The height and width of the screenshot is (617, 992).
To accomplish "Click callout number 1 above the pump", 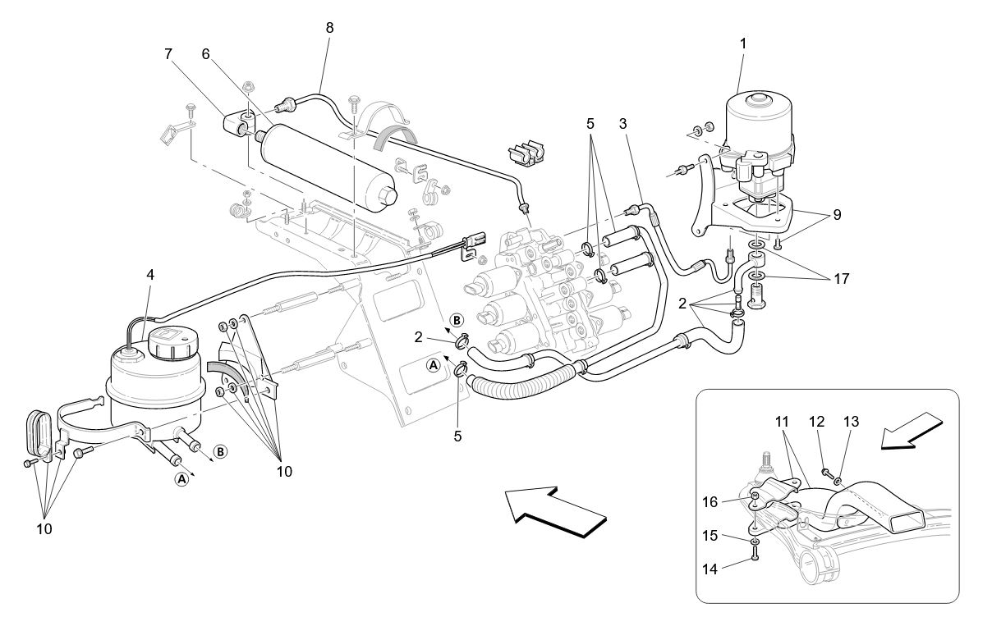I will pyautogui.click(x=743, y=43).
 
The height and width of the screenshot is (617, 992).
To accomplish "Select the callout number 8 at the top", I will pyautogui.click(x=329, y=27).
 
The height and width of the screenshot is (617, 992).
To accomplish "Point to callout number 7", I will pyautogui.click(x=168, y=55).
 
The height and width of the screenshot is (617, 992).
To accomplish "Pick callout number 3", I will pyautogui.click(x=624, y=123).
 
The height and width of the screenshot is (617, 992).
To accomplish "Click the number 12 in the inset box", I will pyautogui.click(x=816, y=421).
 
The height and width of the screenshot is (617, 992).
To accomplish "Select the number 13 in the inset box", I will pyautogui.click(x=852, y=421).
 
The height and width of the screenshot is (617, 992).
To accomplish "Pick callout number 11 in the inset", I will pyautogui.click(x=783, y=422).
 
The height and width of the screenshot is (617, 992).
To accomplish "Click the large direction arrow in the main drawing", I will pyautogui.click(x=556, y=510).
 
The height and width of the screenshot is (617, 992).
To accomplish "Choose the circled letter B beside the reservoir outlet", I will pyautogui.click(x=220, y=451).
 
